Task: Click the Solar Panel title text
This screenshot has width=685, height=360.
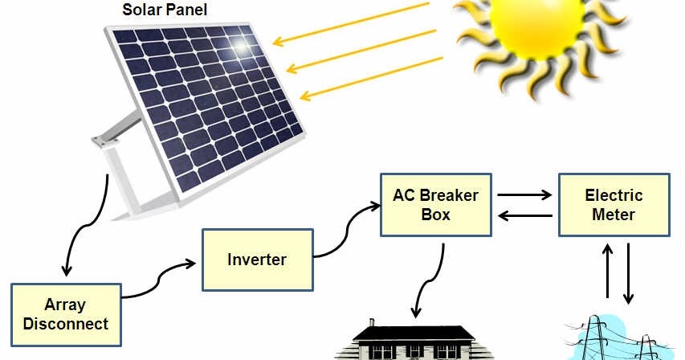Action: pos(164,10)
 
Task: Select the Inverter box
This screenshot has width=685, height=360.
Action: pos(256,260)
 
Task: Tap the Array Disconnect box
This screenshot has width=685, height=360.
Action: pos(66,315)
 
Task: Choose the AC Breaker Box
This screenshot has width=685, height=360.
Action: pos(435,205)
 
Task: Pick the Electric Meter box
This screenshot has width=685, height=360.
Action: pos(614,205)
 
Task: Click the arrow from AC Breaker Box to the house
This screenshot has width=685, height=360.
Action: pos(430,281)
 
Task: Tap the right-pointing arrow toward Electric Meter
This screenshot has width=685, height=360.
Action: pos(524,194)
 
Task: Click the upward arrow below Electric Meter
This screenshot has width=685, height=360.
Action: pos(608,272)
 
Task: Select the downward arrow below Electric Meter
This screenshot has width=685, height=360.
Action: pos(629,272)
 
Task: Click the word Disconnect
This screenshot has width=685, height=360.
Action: pos(66,325)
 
